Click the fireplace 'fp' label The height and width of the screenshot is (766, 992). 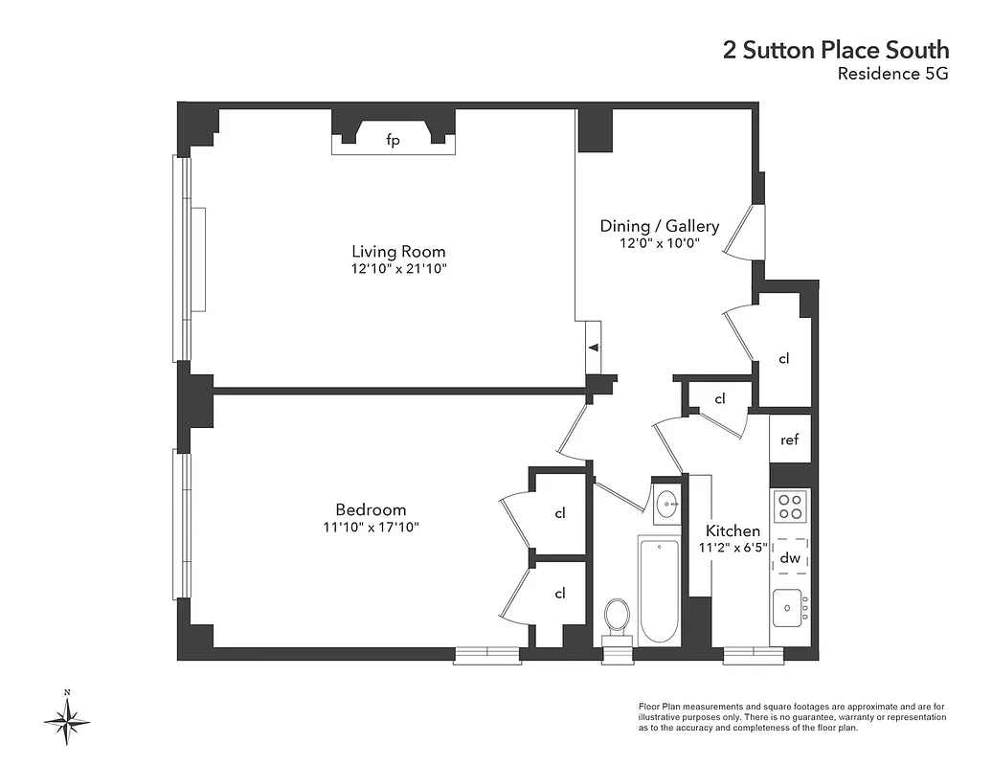click(x=393, y=141)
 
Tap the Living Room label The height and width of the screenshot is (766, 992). click(x=398, y=252)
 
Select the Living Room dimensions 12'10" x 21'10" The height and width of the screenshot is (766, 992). click(x=398, y=269)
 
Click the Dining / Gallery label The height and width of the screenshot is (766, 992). click(x=659, y=226)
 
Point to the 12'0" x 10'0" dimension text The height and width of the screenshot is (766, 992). click(x=659, y=243)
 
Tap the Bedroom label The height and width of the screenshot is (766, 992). click(x=371, y=510)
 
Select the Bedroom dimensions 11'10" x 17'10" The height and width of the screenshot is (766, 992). click(x=371, y=528)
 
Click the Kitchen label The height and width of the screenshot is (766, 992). click(x=733, y=531)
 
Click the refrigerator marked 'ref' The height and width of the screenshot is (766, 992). click(x=790, y=440)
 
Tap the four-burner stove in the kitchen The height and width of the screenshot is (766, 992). click(x=791, y=506)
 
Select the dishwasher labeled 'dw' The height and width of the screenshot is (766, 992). click(x=790, y=558)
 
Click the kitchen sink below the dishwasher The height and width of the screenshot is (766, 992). click(x=789, y=607)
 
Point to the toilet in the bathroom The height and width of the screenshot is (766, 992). click(x=618, y=618)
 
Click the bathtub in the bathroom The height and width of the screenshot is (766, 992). click(x=658, y=591)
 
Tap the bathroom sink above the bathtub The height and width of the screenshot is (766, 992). click(x=666, y=501)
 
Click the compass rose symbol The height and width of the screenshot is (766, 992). click(x=67, y=719)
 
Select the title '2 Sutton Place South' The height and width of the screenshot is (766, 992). click(x=836, y=50)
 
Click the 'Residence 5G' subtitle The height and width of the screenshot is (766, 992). click(x=892, y=75)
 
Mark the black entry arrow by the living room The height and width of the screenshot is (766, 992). click(x=594, y=348)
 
